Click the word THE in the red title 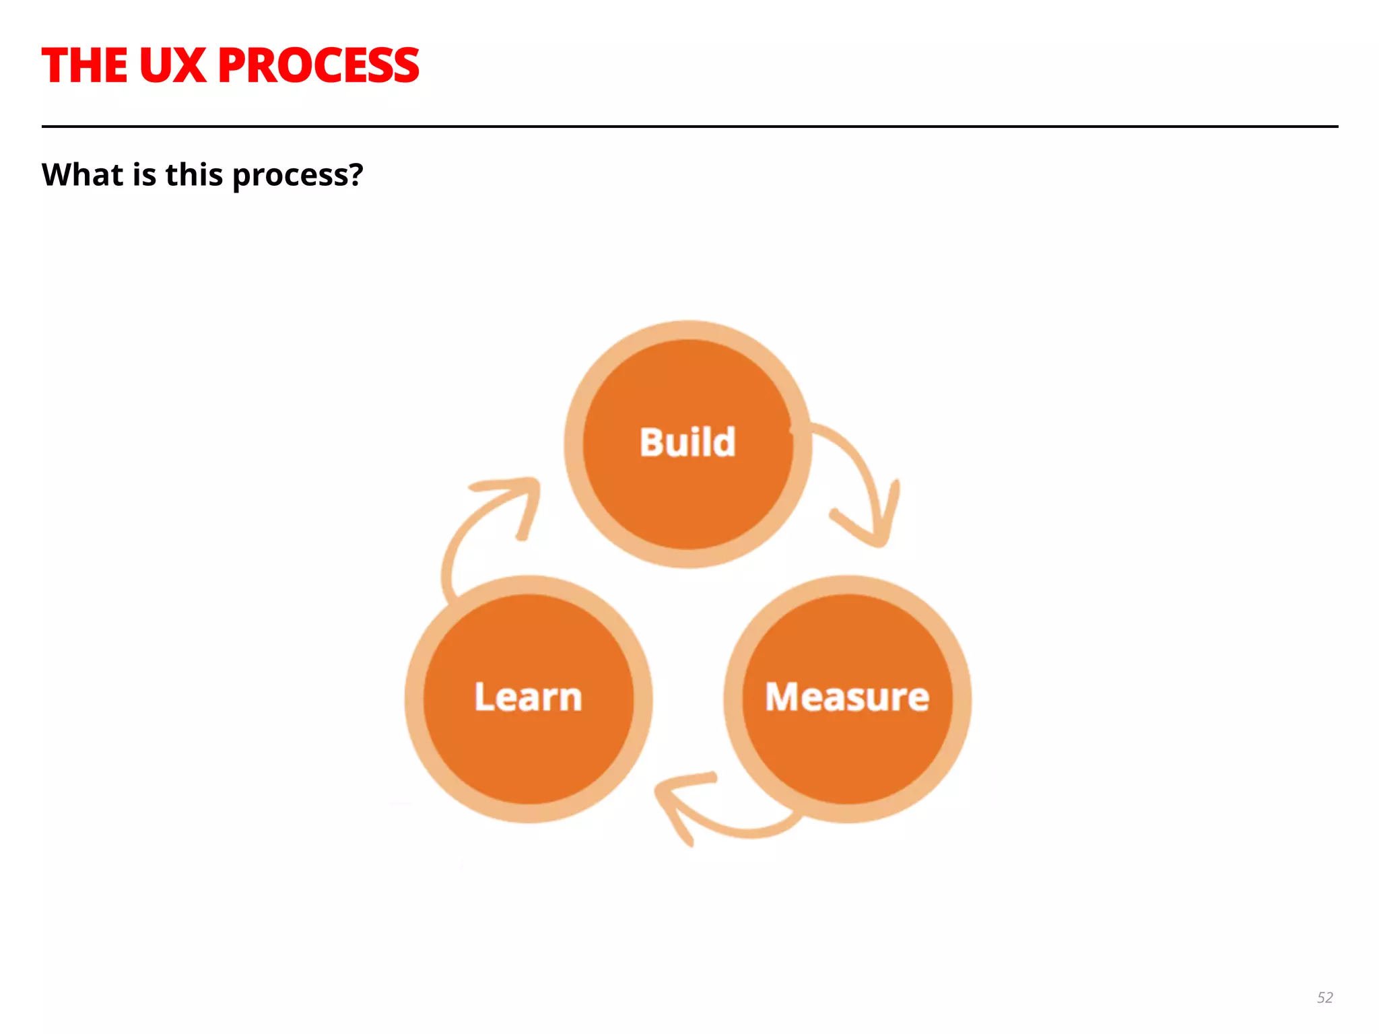84,66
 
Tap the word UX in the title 172,66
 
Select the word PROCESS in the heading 318,66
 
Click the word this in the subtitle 194,174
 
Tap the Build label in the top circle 687,442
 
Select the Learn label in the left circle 528,697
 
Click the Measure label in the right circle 847,697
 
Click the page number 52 1324,998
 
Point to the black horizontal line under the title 689,126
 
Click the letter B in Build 651,442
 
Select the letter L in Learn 484,697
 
